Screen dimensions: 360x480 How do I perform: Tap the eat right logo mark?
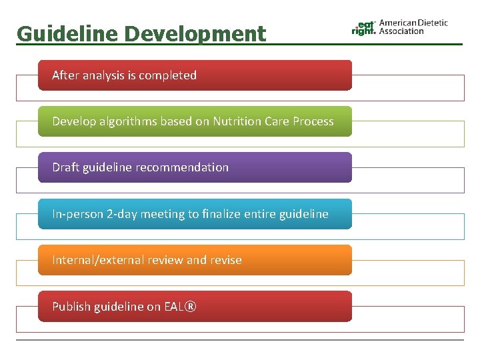(364, 27)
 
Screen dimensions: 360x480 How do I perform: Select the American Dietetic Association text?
(413, 27)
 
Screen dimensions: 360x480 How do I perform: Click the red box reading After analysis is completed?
(195, 75)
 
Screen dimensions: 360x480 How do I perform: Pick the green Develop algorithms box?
(195, 121)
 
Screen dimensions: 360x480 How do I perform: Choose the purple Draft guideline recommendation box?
(195, 167)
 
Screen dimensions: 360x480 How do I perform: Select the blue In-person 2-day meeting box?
(195, 214)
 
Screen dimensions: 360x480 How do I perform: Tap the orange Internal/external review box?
(195, 260)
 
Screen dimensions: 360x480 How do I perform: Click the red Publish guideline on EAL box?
(195, 307)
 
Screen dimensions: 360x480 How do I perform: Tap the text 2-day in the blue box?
(121, 214)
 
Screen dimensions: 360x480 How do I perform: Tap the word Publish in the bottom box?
(69, 307)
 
